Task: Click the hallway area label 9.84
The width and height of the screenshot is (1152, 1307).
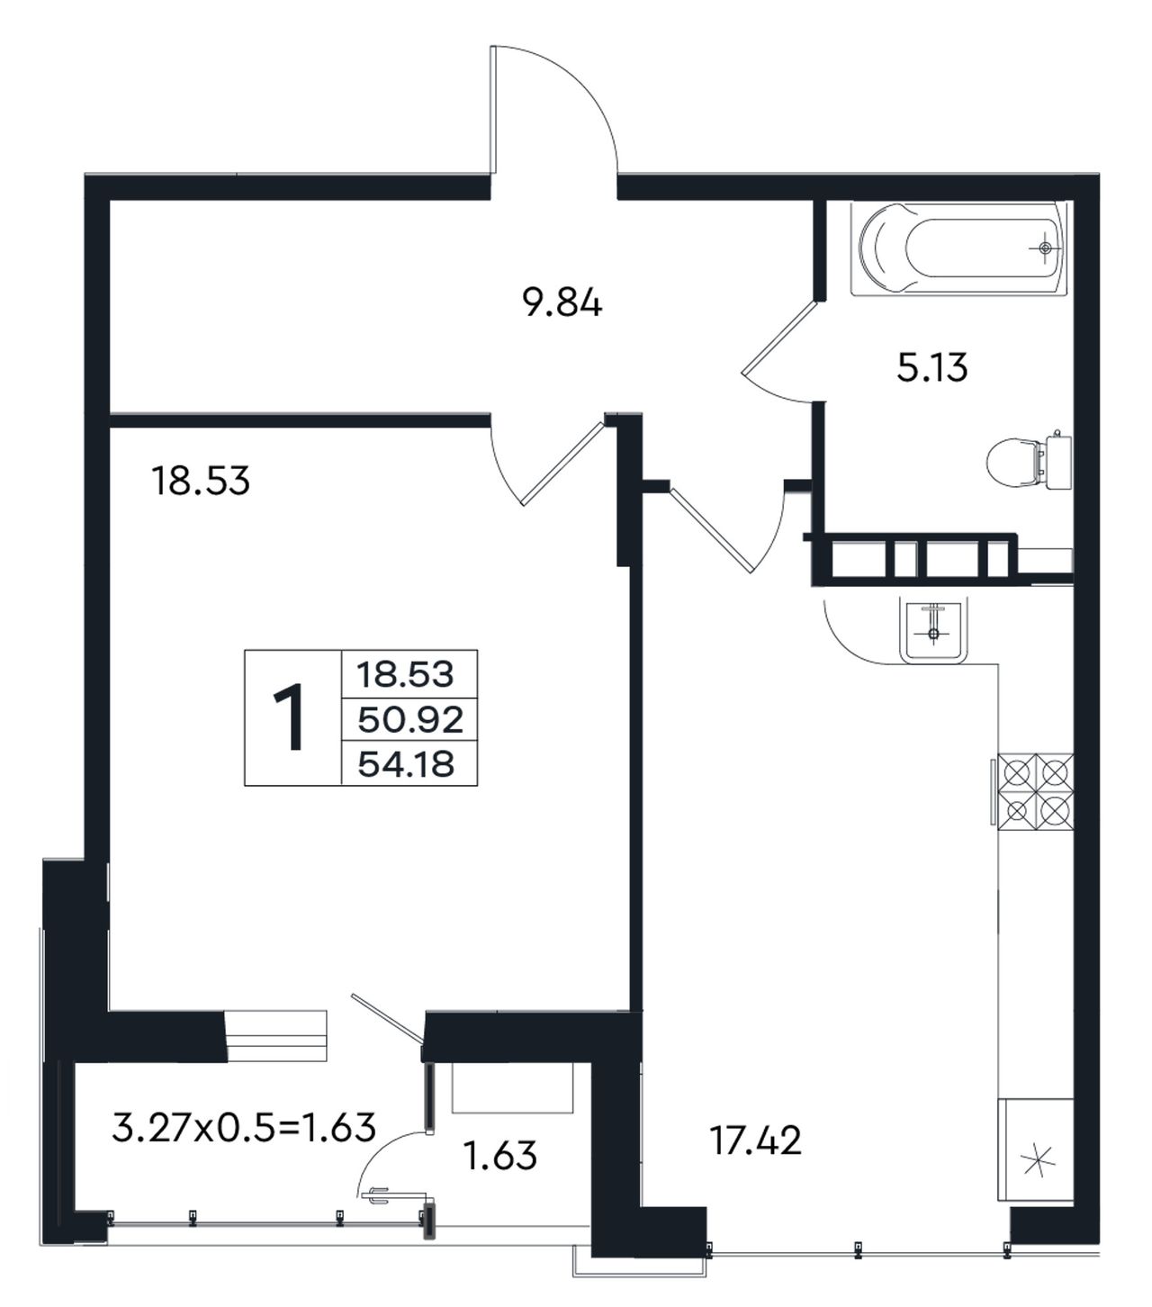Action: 562,304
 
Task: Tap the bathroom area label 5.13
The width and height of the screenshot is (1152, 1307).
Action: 932,368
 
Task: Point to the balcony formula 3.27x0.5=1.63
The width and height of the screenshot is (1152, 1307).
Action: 244,1128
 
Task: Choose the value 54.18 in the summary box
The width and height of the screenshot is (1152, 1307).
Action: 407,764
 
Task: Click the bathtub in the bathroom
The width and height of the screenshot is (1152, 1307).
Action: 959,248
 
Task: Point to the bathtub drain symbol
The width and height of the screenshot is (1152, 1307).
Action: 1046,248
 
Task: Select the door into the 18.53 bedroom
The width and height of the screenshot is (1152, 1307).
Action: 563,461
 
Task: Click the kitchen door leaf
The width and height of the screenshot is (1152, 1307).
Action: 712,529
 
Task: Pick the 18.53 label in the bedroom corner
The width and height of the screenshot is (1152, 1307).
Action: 200,482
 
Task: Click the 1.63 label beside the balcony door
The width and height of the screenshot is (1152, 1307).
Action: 499,1156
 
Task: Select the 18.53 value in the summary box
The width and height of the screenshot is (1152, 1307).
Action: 406,675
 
